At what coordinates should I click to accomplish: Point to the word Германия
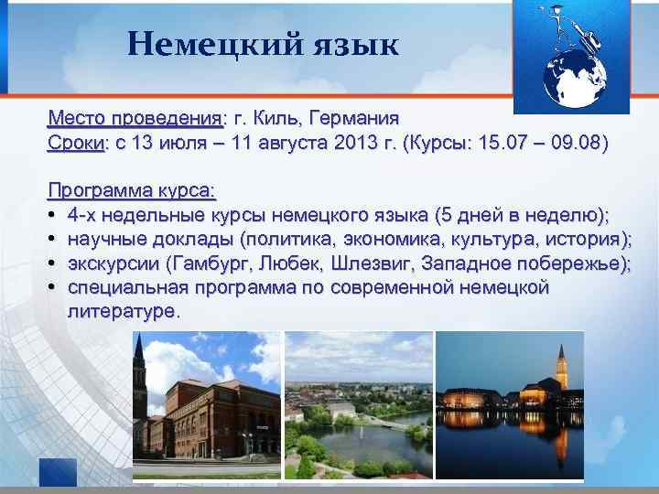coord(353,119)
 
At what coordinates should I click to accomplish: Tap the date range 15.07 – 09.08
coord(531,144)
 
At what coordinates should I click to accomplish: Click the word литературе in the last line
coord(121,312)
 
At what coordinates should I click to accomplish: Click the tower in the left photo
coord(138,375)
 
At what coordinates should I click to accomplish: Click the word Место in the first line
coord(76,119)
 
